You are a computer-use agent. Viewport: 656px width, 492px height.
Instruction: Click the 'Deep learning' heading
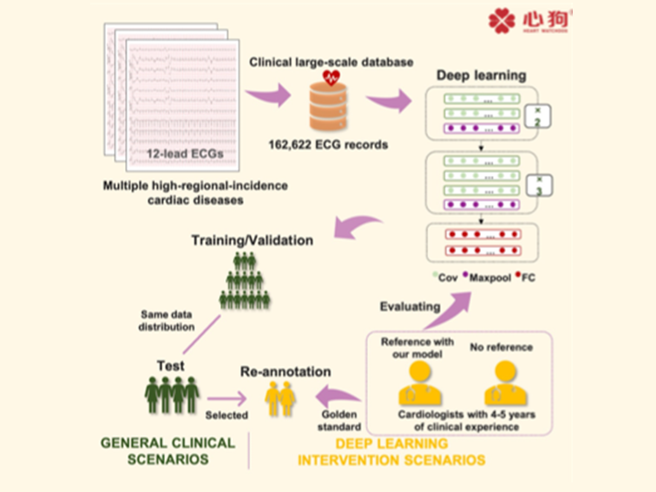480,75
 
